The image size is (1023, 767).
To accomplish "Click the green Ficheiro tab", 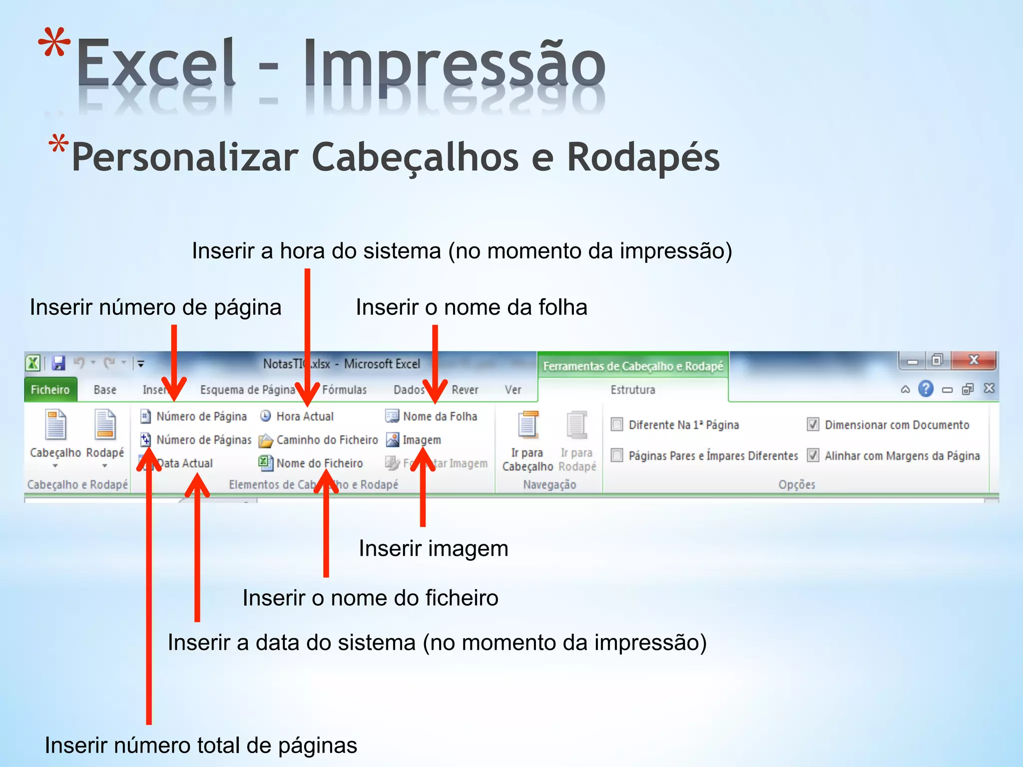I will tap(50, 390).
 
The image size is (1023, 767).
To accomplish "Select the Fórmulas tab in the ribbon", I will tap(344, 390).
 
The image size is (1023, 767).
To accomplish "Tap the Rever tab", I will tap(465, 390).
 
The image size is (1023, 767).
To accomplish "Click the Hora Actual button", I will tap(298, 416).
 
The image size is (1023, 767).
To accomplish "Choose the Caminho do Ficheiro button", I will tap(320, 440).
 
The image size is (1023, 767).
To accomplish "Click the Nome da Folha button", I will tap(432, 416).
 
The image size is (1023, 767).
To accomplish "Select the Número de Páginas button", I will tap(197, 440).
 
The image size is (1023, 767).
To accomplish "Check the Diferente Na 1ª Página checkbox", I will tap(617, 425).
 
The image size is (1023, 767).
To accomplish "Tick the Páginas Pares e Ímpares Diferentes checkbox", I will tap(617, 455).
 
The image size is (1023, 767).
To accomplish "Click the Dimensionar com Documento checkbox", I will tap(813, 425).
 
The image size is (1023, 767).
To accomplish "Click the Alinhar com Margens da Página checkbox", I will tap(813, 455).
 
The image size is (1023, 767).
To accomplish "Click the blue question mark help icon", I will tap(926, 389).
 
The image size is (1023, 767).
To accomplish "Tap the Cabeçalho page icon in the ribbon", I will tap(55, 425).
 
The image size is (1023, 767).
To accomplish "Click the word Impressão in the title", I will tap(455, 65).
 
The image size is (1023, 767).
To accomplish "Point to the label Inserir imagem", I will tap(433, 549).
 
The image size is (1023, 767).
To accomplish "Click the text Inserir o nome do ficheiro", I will tap(370, 598).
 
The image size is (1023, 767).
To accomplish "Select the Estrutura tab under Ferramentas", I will tap(632, 390).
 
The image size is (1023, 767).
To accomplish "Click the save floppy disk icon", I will tap(59, 363).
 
